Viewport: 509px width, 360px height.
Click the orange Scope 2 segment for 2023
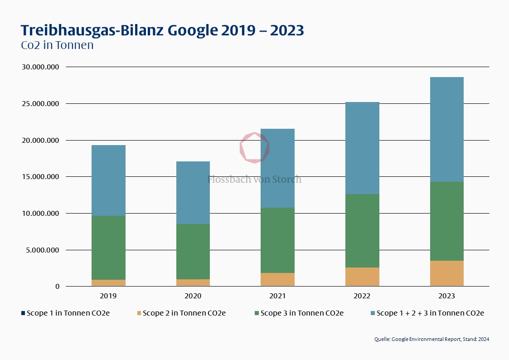(x=446, y=273)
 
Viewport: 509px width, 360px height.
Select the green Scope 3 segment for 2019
(x=108, y=248)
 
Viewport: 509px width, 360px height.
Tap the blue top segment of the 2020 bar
(x=193, y=193)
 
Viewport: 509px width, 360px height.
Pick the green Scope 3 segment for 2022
(x=362, y=231)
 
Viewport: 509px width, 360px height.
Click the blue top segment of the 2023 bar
(x=446, y=129)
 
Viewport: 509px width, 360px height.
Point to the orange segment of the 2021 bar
(x=277, y=279)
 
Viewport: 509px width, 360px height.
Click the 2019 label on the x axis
(x=108, y=296)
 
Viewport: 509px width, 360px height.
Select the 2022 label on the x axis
(x=362, y=296)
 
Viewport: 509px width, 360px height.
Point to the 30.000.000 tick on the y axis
(x=41, y=67)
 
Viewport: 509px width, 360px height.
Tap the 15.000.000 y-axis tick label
(x=41, y=177)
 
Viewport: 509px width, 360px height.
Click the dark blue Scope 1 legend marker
(x=23, y=313)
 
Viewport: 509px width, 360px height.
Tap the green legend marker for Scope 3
(x=257, y=313)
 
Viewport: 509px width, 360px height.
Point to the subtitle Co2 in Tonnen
(x=57, y=45)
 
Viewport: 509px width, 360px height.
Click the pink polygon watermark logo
(x=254, y=147)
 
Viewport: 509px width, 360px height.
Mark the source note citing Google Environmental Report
(x=431, y=339)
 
